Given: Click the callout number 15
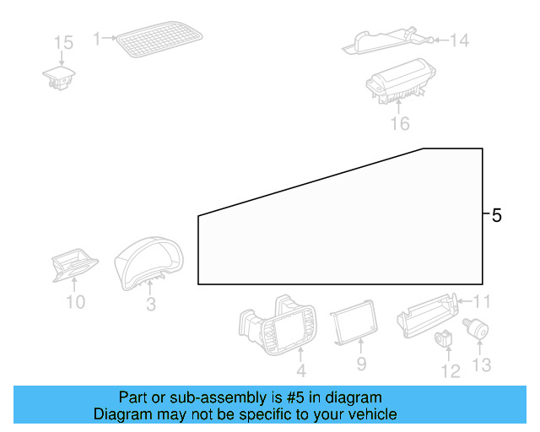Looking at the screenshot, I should click(64, 42).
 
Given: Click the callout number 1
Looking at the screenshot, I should click(97, 38).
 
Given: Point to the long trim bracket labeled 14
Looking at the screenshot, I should click(384, 40).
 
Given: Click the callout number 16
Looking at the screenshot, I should click(399, 124).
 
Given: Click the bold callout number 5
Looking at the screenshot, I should click(496, 216).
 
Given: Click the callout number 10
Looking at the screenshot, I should click(75, 301).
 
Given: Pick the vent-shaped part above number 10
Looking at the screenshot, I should click(73, 268).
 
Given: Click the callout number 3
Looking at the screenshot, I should click(150, 305).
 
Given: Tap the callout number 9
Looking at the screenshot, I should click(361, 364).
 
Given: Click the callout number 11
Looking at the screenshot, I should click(482, 301).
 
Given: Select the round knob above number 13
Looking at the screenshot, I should click(478, 328).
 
